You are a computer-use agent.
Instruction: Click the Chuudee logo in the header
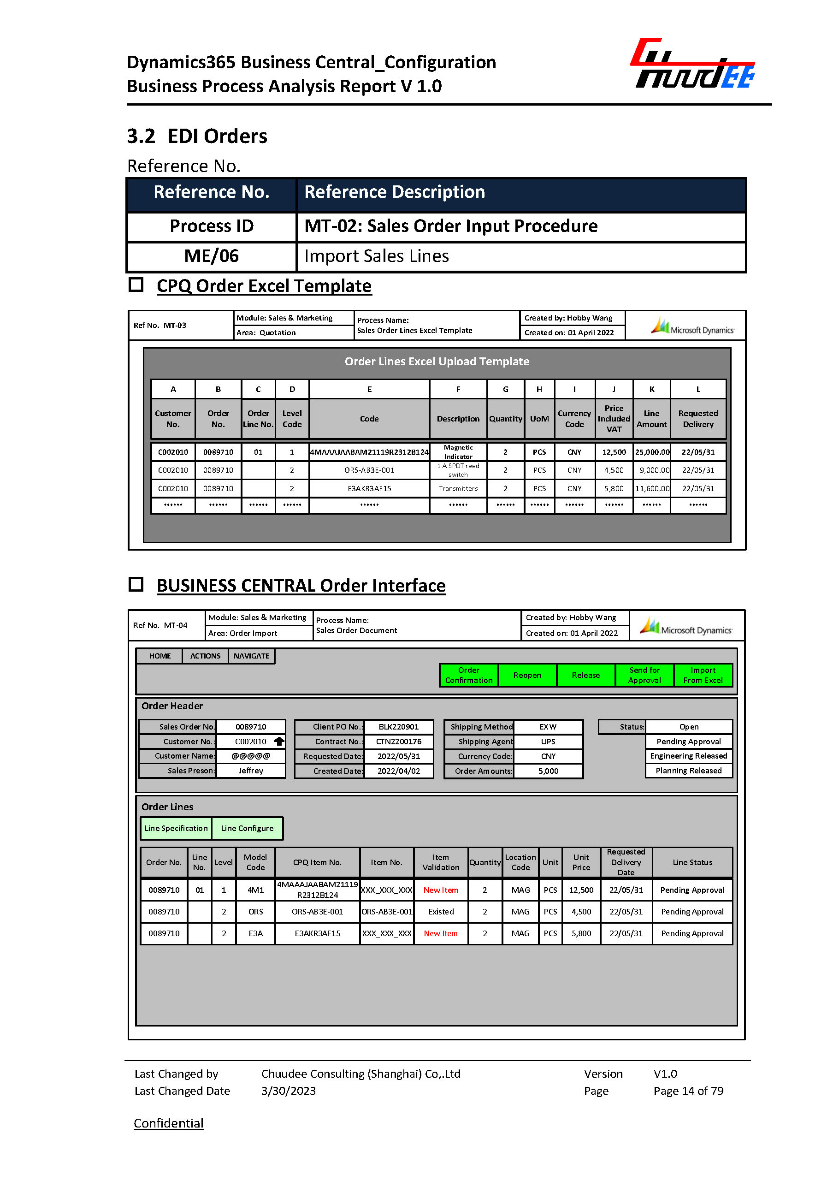click(692, 64)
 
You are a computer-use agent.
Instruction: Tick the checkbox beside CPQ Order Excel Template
click(136, 285)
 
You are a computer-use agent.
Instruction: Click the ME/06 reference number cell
click(211, 256)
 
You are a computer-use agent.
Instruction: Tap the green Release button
click(585, 675)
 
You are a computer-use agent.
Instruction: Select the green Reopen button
click(527, 675)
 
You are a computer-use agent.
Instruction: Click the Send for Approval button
click(644, 675)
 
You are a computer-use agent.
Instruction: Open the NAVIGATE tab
click(251, 656)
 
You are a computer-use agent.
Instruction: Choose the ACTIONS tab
click(205, 656)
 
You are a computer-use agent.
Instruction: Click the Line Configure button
click(247, 828)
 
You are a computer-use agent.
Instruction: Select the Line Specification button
click(176, 828)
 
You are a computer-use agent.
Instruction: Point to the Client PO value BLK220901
click(398, 727)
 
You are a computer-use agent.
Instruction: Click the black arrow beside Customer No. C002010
click(279, 741)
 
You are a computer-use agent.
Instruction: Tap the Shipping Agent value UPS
click(548, 741)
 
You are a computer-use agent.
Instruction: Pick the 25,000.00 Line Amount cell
click(652, 452)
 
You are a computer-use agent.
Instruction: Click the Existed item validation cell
click(441, 912)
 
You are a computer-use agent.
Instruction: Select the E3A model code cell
click(255, 933)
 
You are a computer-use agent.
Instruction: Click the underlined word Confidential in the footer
click(168, 1123)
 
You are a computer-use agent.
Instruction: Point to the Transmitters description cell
click(458, 488)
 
